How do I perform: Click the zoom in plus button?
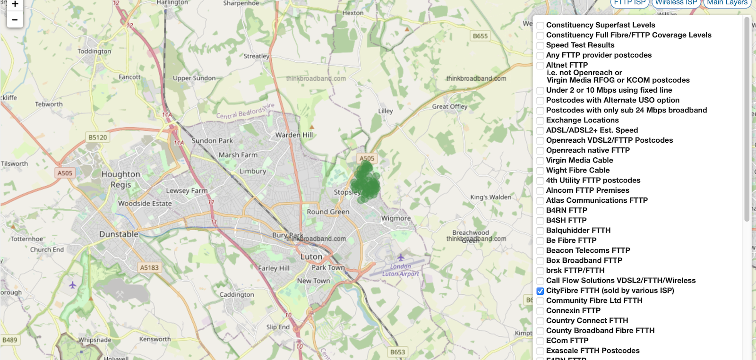click(15, 5)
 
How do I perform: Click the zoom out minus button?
click(15, 20)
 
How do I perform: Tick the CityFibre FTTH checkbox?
click(540, 291)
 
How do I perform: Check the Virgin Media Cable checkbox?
click(540, 161)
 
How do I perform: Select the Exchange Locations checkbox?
click(540, 120)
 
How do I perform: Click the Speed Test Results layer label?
click(580, 45)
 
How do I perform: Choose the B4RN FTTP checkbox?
click(540, 211)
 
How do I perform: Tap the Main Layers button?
click(727, 3)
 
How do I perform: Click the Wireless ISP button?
click(676, 3)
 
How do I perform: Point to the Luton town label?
click(311, 257)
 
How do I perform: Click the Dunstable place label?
click(119, 234)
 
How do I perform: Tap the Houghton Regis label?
click(121, 179)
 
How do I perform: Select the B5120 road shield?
click(98, 137)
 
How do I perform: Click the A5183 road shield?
click(149, 267)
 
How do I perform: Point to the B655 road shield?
click(480, 36)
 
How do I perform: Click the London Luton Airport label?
click(401, 270)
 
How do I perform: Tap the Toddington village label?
click(94, 51)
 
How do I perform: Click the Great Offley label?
click(449, 106)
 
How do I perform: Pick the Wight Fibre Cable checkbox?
click(540, 171)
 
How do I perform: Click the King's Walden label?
click(490, 197)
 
